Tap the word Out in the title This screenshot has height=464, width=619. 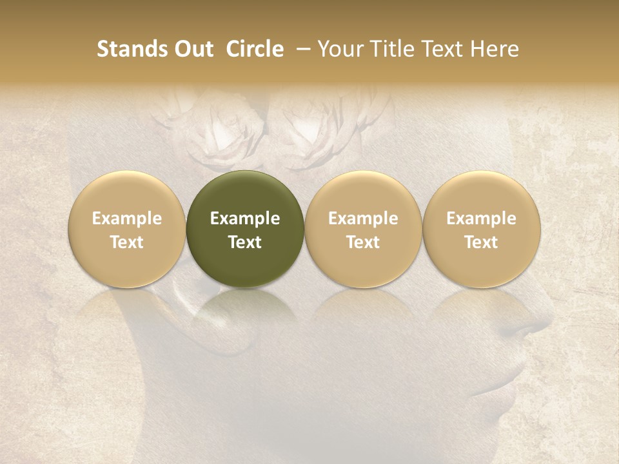[x=192, y=49]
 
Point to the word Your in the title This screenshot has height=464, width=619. [x=338, y=49]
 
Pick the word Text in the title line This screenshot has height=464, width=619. [x=437, y=49]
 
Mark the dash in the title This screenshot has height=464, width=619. [x=300, y=49]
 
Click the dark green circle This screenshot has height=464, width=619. [x=244, y=228]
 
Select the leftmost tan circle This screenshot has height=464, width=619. [x=126, y=228]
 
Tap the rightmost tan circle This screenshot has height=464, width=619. [x=481, y=228]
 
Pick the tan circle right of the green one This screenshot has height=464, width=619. [x=363, y=228]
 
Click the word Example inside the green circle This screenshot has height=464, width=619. [x=245, y=218]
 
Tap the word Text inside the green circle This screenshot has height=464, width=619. [x=245, y=242]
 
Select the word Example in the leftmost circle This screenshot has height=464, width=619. [x=127, y=218]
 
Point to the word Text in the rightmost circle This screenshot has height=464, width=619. [x=481, y=242]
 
